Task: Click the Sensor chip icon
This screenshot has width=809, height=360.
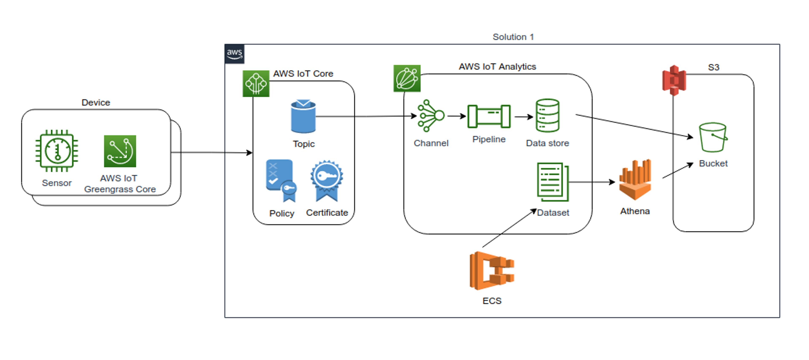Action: point(57,151)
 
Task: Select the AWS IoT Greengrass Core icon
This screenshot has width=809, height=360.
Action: point(120,151)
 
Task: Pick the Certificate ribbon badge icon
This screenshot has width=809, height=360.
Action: point(327,180)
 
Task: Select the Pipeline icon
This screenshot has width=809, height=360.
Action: point(489,116)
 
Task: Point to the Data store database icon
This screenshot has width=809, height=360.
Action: point(547,116)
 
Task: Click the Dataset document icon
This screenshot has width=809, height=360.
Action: point(553,182)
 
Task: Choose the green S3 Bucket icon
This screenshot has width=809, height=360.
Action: point(713,137)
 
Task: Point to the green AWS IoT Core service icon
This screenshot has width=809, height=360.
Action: point(256,84)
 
